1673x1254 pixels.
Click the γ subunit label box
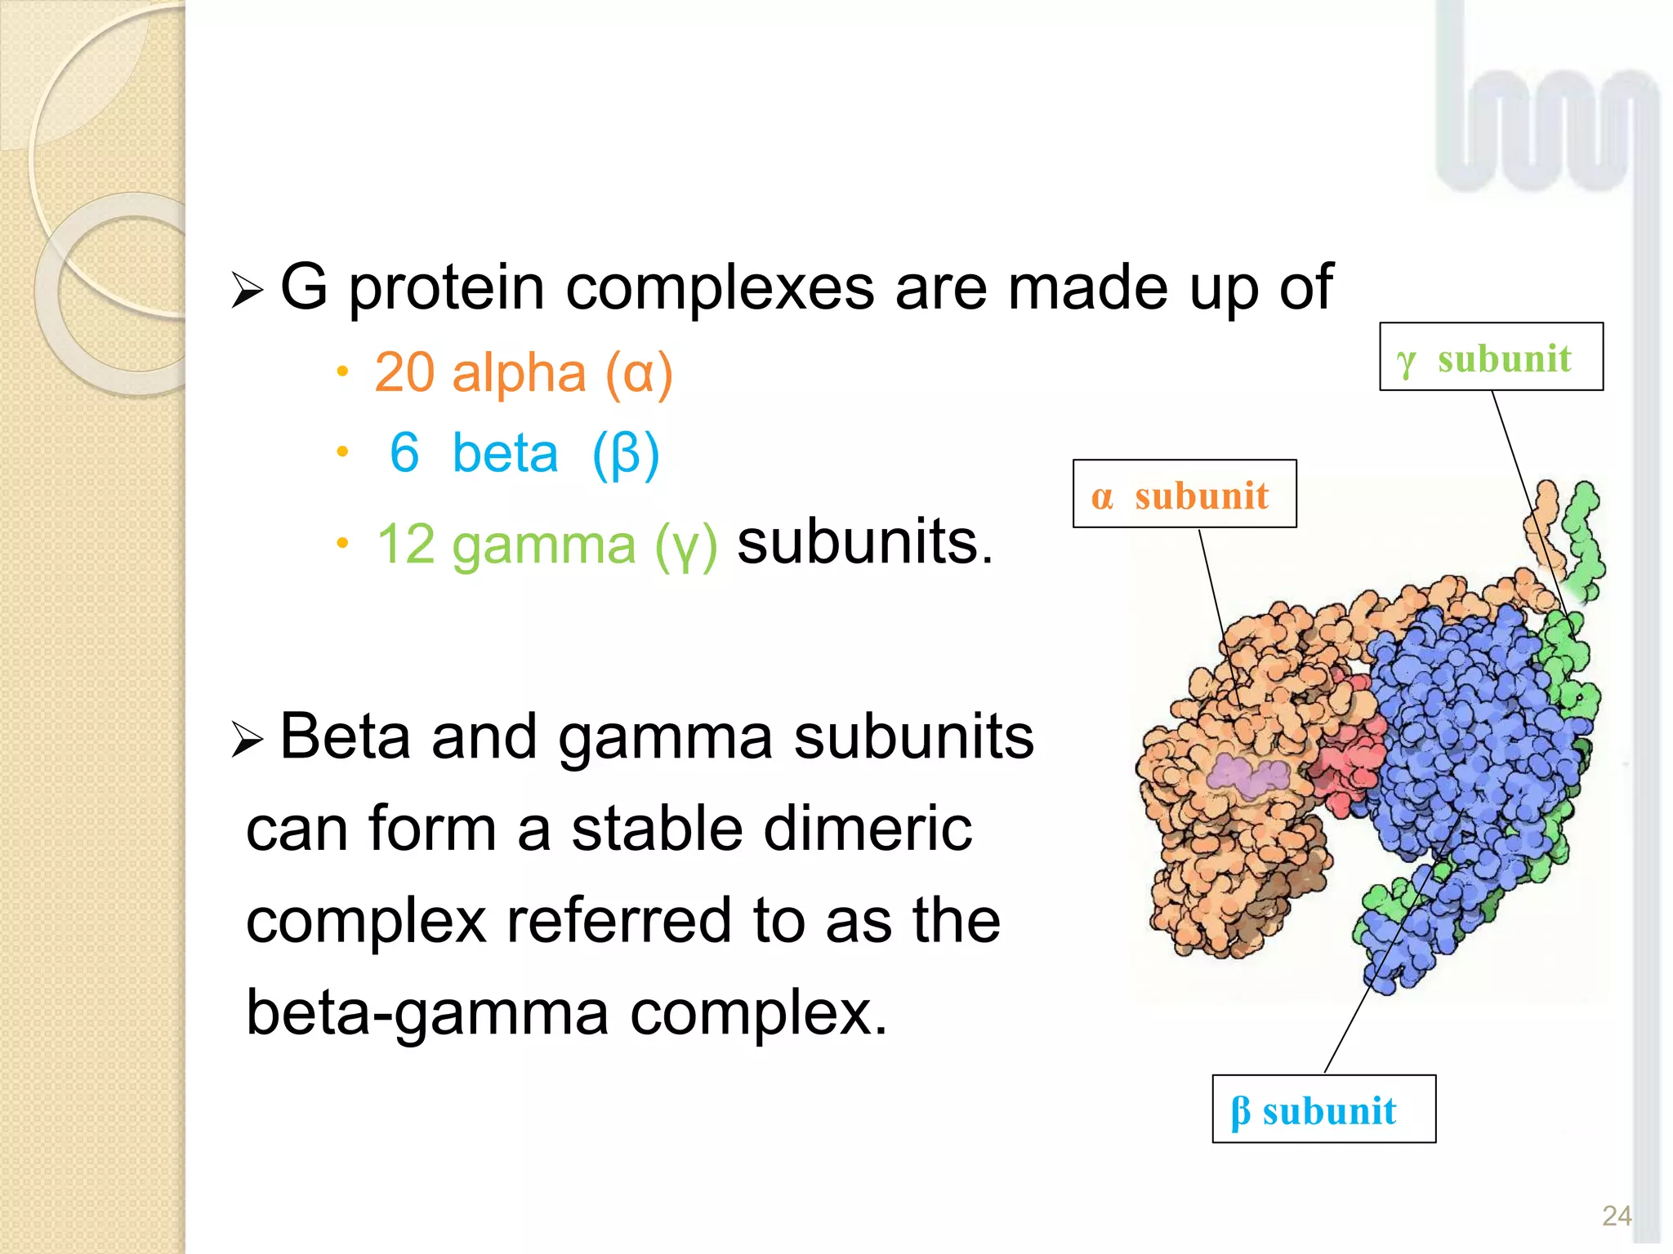[1491, 358]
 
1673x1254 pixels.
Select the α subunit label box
[1184, 494]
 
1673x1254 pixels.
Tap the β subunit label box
[1323, 1109]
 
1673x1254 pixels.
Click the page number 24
[1617, 1216]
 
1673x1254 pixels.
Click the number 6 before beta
[404, 453]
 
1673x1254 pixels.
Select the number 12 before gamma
[405, 544]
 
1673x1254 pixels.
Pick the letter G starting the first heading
[303, 287]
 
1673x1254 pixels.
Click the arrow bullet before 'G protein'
[247, 291]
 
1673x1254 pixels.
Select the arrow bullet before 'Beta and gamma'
[247, 740]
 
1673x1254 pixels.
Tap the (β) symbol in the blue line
[626, 455]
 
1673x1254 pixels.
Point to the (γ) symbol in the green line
[686, 545]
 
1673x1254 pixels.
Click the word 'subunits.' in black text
[865, 542]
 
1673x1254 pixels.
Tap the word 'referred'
[618, 921]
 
